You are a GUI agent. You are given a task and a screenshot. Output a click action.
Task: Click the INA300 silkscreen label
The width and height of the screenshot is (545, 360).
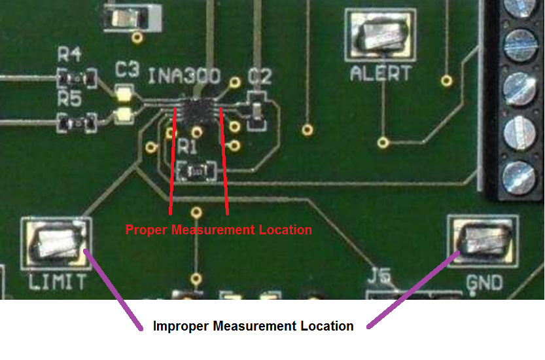click(x=184, y=75)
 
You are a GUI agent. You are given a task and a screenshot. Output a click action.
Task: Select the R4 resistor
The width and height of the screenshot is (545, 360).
click(x=77, y=79)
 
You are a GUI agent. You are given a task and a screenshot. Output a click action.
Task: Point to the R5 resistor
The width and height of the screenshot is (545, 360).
click(x=77, y=121)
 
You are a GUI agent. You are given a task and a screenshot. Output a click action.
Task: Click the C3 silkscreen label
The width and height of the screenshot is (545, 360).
click(x=126, y=69)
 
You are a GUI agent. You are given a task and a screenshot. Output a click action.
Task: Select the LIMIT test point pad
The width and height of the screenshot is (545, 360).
click(x=56, y=243)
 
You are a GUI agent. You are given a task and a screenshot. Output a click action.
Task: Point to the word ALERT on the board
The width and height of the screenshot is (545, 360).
click(x=381, y=73)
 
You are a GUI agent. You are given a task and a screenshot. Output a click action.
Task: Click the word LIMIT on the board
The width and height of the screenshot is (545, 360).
click(x=57, y=283)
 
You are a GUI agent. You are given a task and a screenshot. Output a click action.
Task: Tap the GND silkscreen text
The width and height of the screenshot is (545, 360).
click(x=484, y=283)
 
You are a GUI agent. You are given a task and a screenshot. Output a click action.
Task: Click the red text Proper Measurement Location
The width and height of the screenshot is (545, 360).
click(x=219, y=230)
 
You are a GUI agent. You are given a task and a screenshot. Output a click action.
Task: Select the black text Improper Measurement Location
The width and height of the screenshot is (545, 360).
click(x=253, y=325)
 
